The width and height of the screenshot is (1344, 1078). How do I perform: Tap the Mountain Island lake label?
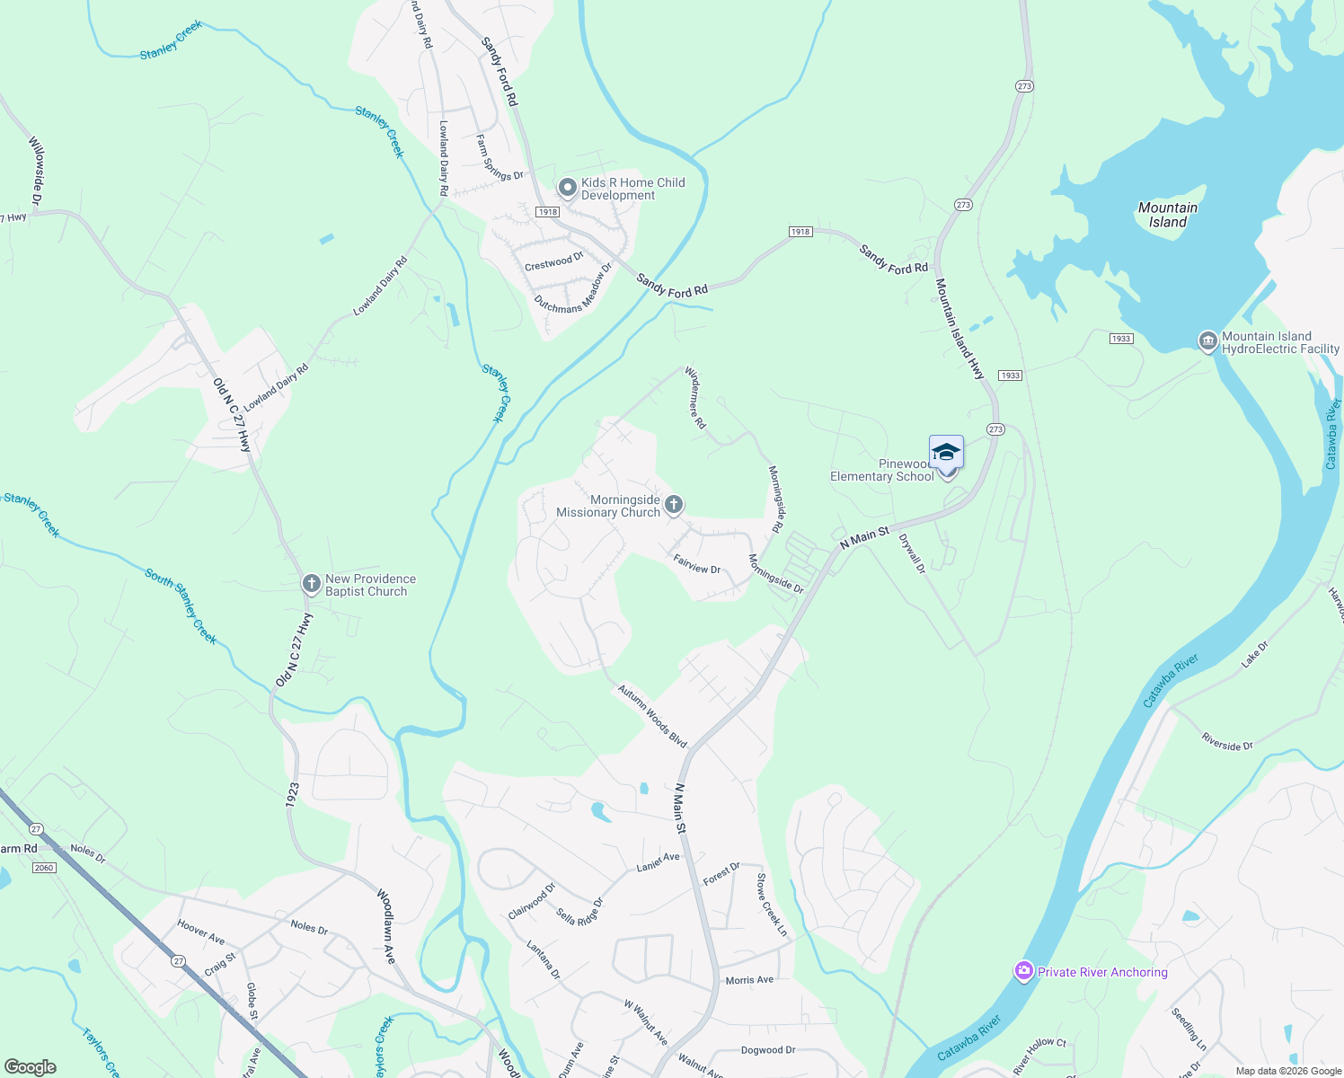pyautogui.click(x=1167, y=215)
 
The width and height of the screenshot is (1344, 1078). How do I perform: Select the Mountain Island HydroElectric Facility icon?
pyautogui.click(x=1208, y=341)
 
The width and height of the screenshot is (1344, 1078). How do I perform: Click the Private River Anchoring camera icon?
pyautogui.click(x=1023, y=971)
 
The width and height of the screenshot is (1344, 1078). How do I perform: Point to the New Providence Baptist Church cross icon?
pyautogui.click(x=311, y=585)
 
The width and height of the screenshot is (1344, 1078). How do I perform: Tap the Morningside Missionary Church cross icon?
pyautogui.click(x=674, y=506)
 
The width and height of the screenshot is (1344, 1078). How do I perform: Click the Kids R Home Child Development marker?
pyautogui.click(x=567, y=188)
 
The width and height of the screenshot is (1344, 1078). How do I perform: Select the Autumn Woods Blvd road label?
pyautogui.click(x=652, y=716)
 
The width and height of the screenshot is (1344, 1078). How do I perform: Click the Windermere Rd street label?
pyautogui.click(x=695, y=396)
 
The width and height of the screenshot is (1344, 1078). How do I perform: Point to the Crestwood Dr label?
pyautogui.click(x=553, y=261)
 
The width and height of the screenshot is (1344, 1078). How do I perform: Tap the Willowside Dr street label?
pyautogui.click(x=37, y=170)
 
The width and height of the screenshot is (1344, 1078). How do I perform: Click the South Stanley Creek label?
pyautogui.click(x=181, y=605)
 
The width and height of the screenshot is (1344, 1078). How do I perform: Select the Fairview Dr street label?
pyautogui.click(x=696, y=563)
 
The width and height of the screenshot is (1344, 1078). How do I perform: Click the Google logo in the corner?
pyautogui.click(x=30, y=1066)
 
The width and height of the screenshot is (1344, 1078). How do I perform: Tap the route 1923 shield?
pyautogui.click(x=292, y=794)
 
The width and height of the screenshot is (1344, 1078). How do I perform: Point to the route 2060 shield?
pyautogui.click(x=43, y=867)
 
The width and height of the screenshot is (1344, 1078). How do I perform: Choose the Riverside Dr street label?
pyautogui.click(x=1227, y=741)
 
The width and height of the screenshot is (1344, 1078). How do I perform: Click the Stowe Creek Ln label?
pyautogui.click(x=771, y=905)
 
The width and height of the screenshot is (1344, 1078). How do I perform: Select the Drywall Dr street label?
pyautogui.click(x=911, y=553)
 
